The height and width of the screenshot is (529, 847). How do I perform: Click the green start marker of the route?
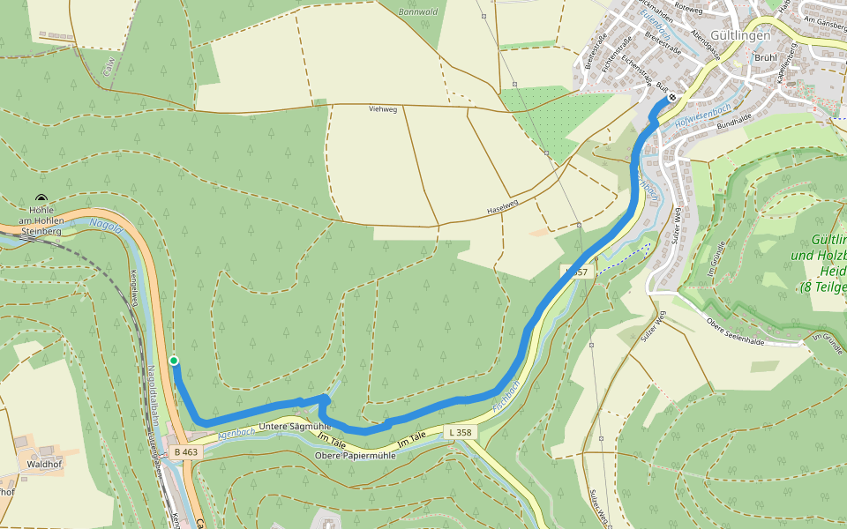click(x=174, y=360)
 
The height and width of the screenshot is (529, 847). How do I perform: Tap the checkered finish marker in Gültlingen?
click(x=672, y=98)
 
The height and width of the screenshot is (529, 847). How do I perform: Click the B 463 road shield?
click(x=186, y=452)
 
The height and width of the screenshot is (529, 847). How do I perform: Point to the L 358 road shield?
click(x=461, y=432)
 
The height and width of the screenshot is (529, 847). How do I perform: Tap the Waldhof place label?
click(x=43, y=463)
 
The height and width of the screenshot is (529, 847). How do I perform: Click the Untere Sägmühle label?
click(x=295, y=426)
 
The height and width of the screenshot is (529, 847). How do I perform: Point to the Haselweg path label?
click(x=502, y=209)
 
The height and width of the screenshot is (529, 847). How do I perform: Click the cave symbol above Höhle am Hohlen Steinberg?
click(x=41, y=198)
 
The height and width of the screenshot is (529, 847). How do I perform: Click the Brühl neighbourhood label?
click(x=766, y=57)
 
